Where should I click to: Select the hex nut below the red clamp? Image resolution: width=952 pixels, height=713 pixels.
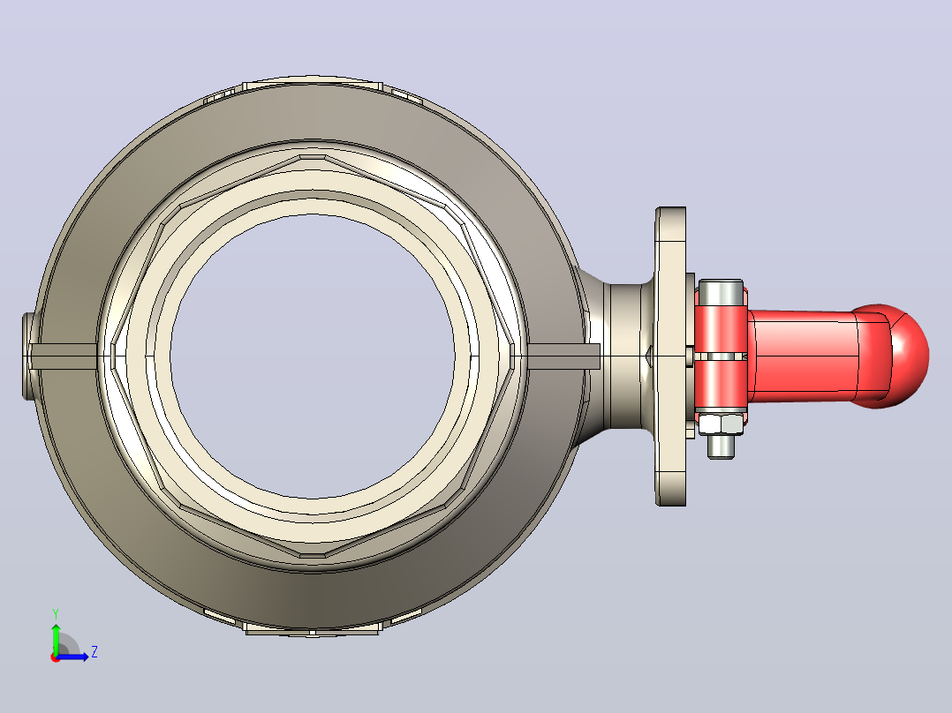coord(721,424)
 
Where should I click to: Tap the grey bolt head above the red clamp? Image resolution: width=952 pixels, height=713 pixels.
coord(721,292)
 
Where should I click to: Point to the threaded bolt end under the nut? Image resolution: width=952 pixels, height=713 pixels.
coord(721,447)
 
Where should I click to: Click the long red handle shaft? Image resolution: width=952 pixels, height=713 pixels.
coord(802,356)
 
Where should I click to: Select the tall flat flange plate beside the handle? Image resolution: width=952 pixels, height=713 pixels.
coord(670,356)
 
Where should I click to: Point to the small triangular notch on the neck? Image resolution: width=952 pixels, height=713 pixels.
coord(648,356)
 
